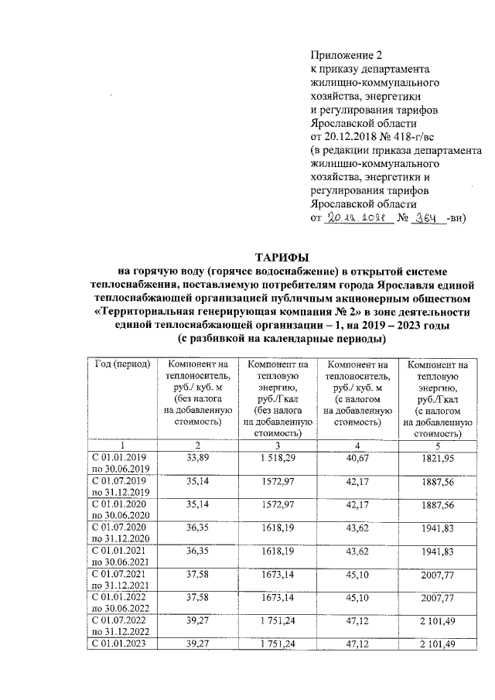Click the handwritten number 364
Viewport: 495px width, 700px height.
[427, 219]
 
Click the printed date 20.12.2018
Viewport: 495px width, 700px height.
[347, 136]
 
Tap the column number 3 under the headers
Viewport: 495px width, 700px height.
[277, 445]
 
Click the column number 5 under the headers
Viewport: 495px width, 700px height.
[437, 445]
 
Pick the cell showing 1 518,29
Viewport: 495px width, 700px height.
[277, 457]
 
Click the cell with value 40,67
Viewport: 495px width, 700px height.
[357, 457]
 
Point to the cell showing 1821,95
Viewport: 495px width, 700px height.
[437, 457]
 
